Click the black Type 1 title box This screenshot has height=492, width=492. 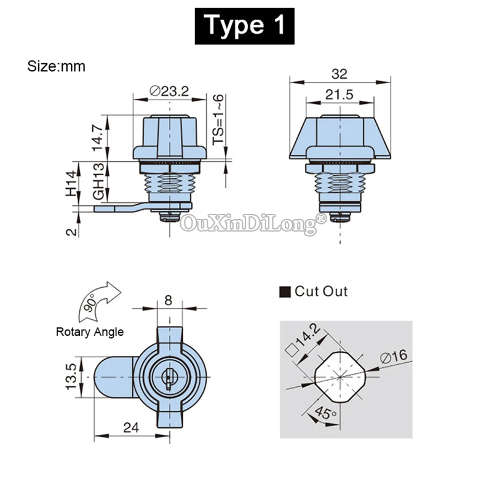click(x=244, y=26)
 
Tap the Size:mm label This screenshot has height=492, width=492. click(x=56, y=66)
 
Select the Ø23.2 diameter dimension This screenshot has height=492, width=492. click(x=169, y=91)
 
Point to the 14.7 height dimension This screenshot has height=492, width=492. click(x=98, y=137)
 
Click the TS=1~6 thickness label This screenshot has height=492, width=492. click(x=218, y=119)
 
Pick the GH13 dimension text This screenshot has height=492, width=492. click(x=98, y=181)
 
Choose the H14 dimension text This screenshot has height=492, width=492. click(x=71, y=183)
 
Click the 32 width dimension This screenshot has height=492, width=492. click(x=339, y=74)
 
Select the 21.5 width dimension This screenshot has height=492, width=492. click(x=339, y=95)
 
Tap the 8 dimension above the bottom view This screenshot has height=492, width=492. click(x=169, y=301)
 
